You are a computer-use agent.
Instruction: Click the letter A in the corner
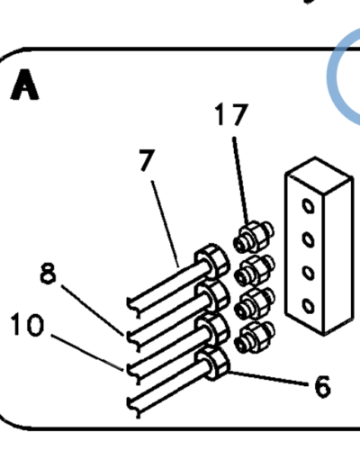click(24, 85)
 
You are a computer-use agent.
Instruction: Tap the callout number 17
click(231, 114)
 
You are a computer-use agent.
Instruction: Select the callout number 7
click(148, 160)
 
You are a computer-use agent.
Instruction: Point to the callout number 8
click(48, 273)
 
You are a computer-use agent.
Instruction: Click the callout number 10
click(27, 325)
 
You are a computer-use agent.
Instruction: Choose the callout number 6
click(322, 387)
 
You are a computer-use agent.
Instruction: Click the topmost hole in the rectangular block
click(308, 206)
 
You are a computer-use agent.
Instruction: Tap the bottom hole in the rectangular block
click(308, 306)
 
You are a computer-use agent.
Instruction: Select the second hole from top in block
click(308, 239)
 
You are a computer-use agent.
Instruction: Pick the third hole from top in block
click(308, 273)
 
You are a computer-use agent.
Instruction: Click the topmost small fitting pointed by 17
click(254, 237)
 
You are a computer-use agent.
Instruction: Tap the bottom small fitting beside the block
click(254, 337)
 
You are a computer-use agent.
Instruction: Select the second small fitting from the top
click(254, 271)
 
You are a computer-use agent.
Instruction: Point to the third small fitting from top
click(254, 304)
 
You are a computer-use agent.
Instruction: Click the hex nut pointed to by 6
click(213, 364)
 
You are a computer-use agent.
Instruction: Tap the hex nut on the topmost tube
click(212, 261)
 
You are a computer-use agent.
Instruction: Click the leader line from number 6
click(268, 378)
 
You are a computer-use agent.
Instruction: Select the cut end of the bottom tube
click(133, 407)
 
